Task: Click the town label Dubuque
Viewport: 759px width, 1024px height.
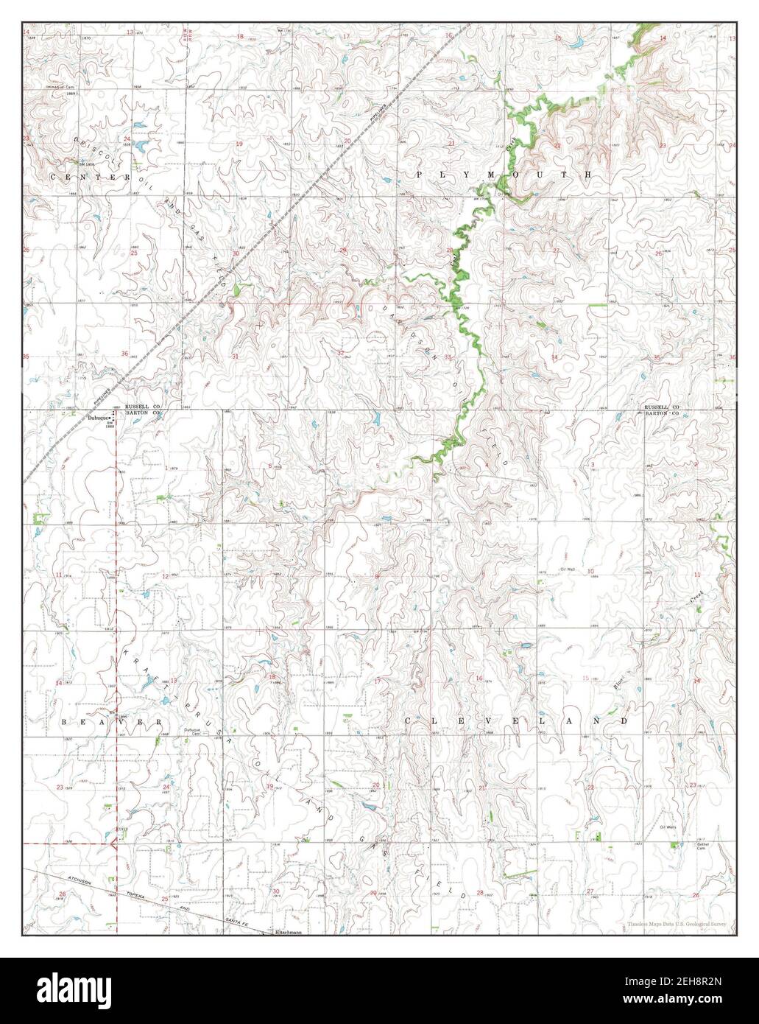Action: coord(96,418)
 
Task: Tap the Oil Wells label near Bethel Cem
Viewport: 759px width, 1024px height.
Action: coord(667,827)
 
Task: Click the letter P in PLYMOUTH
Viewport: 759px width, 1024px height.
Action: coord(420,175)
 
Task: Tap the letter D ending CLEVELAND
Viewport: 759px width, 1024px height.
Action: coord(625,720)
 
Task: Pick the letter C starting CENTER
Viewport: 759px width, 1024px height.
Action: coord(53,178)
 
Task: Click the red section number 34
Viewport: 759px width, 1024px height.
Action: coord(555,357)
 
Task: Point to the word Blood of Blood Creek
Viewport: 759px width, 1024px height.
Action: coord(616,681)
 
